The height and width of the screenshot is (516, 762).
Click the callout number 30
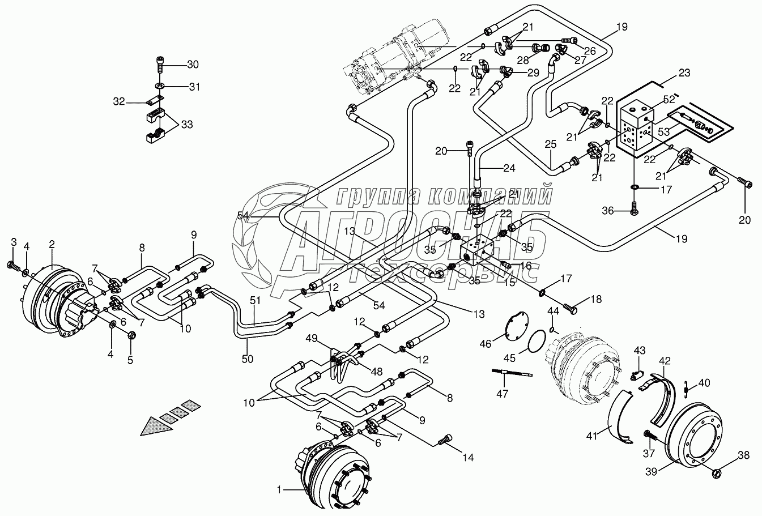[193, 65]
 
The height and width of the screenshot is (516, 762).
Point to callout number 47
[502, 393]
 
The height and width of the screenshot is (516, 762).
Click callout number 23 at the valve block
[684, 73]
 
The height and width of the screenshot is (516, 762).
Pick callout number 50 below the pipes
[247, 359]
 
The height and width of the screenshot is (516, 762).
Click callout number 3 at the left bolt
[14, 244]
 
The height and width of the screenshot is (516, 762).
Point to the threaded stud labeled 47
[513, 372]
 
